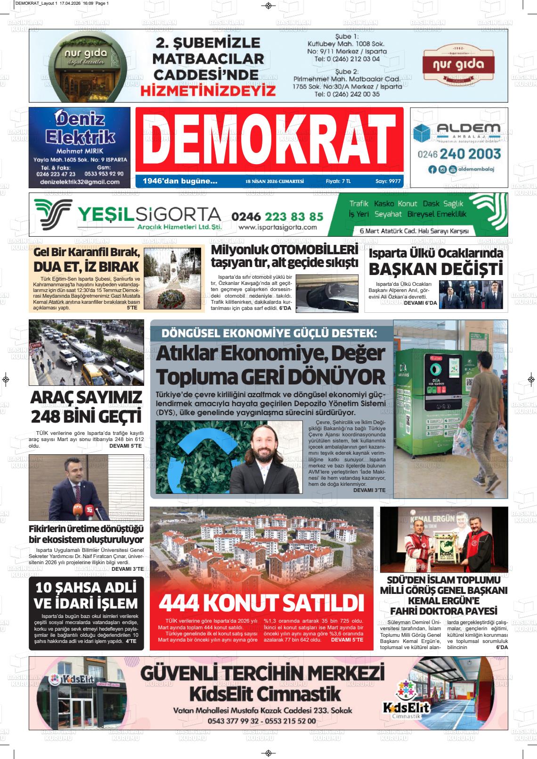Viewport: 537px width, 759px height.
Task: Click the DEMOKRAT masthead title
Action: [x=269, y=140]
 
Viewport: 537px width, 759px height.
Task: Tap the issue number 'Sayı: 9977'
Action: [x=388, y=181]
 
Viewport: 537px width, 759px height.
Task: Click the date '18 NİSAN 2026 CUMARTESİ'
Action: [x=275, y=181]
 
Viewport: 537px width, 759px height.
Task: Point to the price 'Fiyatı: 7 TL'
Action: [x=338, y=181]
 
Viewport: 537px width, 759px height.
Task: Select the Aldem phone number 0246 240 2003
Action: [x=459, y=154]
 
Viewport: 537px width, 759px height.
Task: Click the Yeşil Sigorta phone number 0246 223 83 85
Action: [x=277, y=217]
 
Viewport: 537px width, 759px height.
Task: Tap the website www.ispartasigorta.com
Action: [x=277, y=227]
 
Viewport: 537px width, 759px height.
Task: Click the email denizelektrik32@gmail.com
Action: [x=80, y=182]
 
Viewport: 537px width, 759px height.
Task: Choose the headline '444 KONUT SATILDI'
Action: [x=261, y=603]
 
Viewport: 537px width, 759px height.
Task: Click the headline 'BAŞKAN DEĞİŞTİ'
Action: [x=436, y=269]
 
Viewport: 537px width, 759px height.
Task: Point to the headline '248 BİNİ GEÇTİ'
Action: [x=86, y=417]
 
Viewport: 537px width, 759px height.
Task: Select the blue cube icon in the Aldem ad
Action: [x=422, y=133]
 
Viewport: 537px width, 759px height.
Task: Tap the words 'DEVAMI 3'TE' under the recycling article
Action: [x=369, y=491]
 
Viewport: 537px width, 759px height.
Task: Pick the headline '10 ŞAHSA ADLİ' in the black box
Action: [x=86, y=588]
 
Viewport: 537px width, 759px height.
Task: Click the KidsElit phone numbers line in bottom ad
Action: [x=261, y=721]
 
